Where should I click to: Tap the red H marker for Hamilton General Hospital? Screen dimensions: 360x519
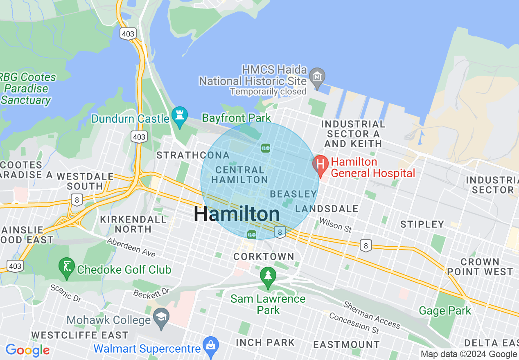coord(320,164)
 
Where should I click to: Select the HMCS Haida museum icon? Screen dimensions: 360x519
coord(317,76)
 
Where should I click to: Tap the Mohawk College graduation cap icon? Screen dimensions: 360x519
coord(161,317)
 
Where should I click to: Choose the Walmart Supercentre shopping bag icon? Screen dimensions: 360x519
coord(211,346)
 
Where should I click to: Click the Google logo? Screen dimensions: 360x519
coord(28,350)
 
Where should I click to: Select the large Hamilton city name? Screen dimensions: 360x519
coord(237,214)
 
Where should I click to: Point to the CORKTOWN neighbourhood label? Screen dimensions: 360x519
coord(264,256)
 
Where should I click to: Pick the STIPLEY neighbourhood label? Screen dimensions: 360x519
coord(422,224)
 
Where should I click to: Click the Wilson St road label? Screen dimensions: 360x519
coord(335,225)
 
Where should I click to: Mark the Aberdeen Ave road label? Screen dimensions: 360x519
coord(131,248)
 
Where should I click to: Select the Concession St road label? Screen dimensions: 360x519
coord(354,322)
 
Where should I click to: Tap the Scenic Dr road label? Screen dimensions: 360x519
coord(66,293)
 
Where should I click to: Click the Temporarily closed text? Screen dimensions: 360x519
coord(268,91)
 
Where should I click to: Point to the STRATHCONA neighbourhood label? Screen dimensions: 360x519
coord(193,155)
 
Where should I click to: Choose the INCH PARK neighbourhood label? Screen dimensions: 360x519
coord(265,342)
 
